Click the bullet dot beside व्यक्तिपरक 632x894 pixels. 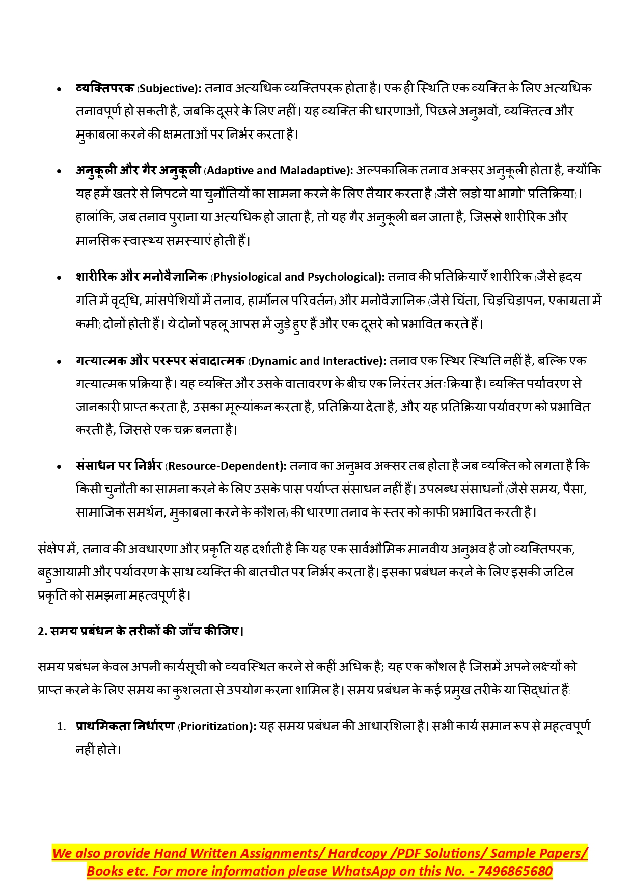60,89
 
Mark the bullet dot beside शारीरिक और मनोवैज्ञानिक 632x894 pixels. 60,278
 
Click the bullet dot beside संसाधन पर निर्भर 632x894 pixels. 60,467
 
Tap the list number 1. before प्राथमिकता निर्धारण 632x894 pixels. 61,727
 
